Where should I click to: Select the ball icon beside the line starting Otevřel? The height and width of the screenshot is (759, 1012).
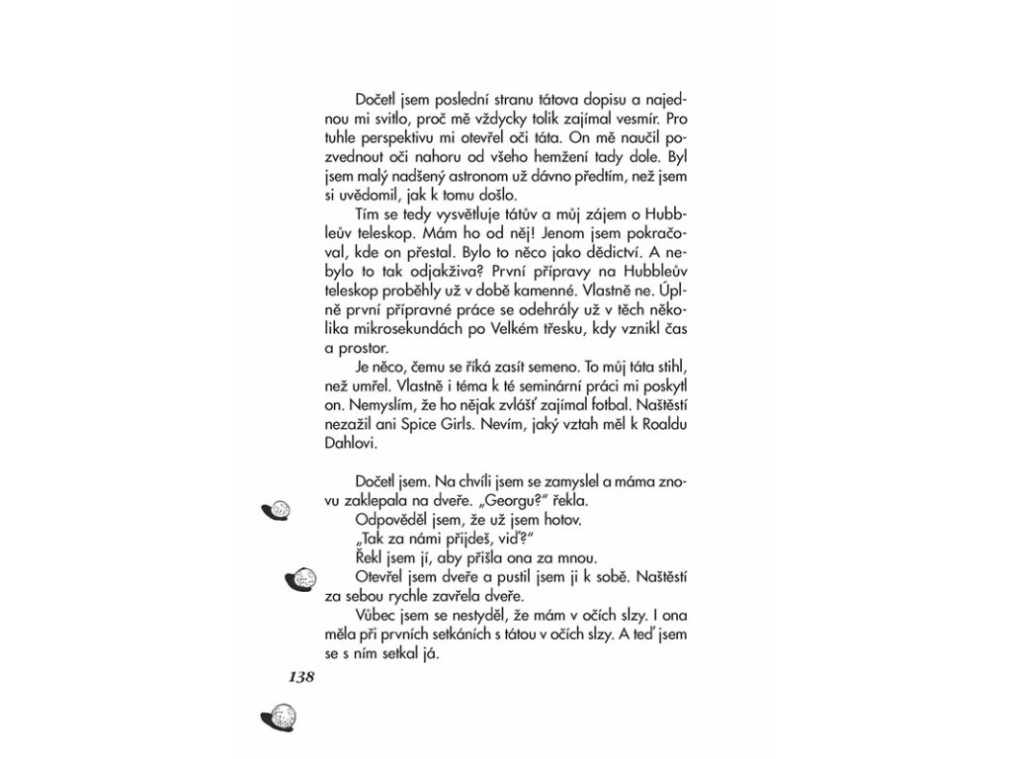299,576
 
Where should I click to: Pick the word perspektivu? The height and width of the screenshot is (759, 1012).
406,137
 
